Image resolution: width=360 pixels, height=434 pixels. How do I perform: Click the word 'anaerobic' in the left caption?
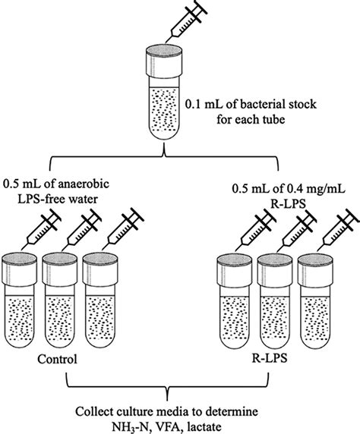point(103,184)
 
